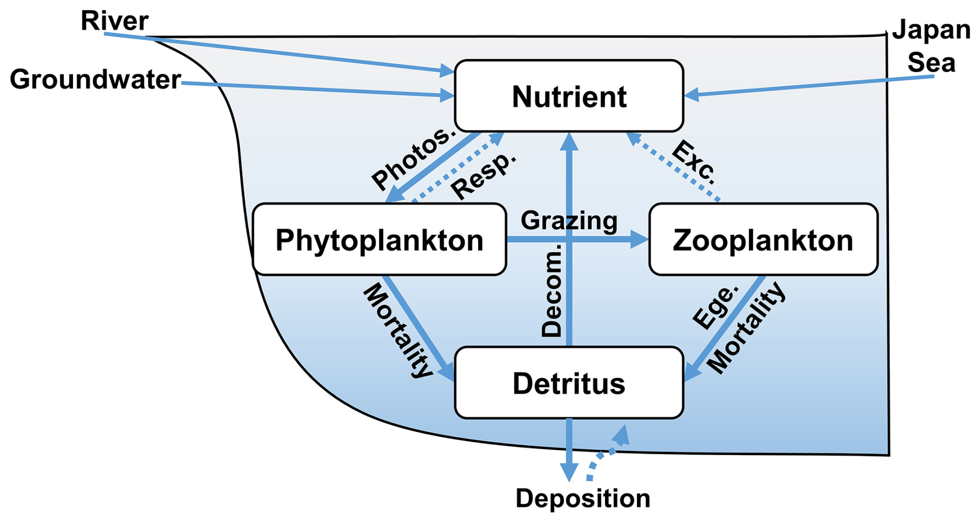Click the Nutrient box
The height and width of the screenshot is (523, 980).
coord(569,96)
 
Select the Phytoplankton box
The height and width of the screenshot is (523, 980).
coord(379,239)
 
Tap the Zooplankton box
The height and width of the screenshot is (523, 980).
coord(763,239)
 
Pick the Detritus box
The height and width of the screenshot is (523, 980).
coord(569,383)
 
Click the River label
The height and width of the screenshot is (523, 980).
coord(114,21)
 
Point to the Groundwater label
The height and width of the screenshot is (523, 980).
coord(95,79)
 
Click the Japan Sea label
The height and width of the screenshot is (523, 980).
coord(931,47)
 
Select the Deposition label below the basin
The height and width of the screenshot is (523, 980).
coord(583,499)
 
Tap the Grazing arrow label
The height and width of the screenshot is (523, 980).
coord(569,221)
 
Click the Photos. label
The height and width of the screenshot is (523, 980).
coord(413,157)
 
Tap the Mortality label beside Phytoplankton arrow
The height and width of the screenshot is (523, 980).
coord(397,330)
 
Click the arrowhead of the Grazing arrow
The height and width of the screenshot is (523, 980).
coord(640,239)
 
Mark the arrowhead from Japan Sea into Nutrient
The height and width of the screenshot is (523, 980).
coord(691,95)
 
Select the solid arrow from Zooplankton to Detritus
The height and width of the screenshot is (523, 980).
coord(724,328)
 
